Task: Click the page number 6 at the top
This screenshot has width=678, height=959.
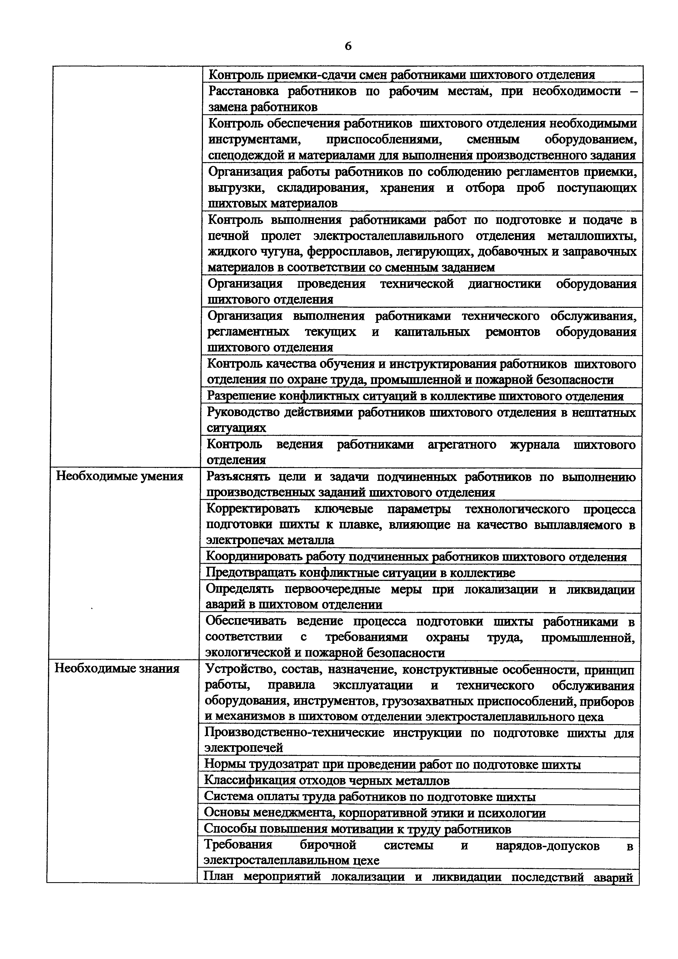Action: click(348, 46)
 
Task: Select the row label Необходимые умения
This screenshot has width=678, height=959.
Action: click(120, 476)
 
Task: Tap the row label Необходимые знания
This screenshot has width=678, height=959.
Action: click(117, 669)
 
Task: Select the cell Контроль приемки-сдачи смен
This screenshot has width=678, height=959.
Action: click(401, 75)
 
